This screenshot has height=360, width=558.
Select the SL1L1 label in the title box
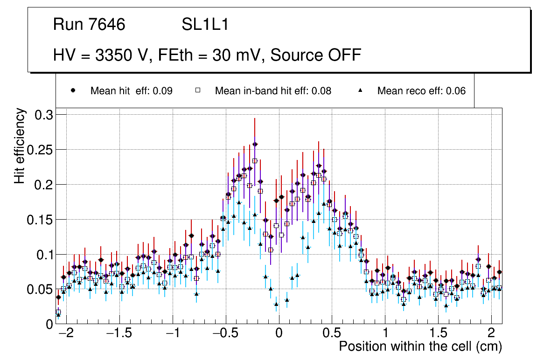tap(205, 25)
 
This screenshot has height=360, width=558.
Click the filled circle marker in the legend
tap(73, 91)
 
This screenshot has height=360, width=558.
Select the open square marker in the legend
tap(197, 91)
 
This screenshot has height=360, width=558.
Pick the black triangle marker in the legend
tap(360, 91)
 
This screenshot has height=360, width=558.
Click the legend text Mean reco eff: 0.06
tap(421, 91)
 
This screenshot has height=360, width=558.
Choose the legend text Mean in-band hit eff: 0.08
tap(273, 91)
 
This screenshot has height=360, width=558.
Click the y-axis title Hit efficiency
tap(20, 146)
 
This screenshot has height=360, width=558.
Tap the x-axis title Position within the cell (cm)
tap(420, 346)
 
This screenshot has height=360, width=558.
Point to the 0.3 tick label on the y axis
tap(44, 115)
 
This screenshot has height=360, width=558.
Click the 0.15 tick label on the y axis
tap(41, 220)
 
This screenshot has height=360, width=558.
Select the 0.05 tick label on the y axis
tap(41, 290)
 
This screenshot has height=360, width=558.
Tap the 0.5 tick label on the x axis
tap(332, 333)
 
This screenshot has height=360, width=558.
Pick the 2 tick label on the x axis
tap(491, 333)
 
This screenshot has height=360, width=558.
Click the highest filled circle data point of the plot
tap(255, 144)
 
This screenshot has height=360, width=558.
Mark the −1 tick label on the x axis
tap(174, 333)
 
